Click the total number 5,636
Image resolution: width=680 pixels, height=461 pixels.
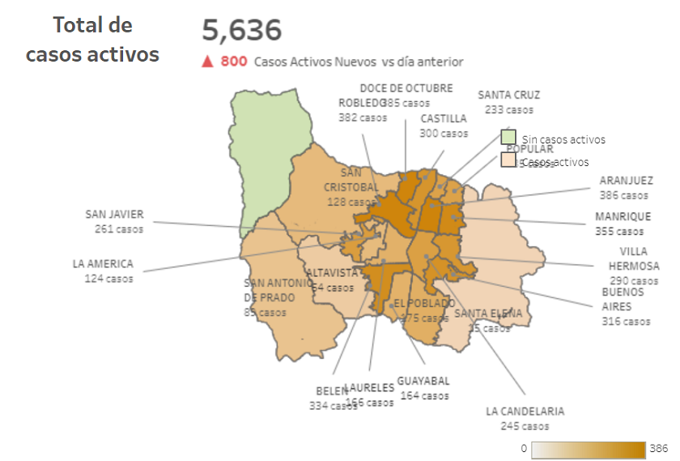[241, 31]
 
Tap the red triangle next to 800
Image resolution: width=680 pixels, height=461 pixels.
[207, 61]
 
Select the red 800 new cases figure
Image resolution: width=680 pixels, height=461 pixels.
[234, 61]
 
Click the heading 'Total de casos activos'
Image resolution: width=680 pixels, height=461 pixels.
[92, 40]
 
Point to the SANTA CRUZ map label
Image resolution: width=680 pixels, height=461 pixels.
[508, 95]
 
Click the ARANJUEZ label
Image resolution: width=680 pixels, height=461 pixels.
[623, 181]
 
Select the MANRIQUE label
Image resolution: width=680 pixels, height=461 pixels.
[623, 216]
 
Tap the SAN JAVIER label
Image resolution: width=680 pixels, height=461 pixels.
[114, 215]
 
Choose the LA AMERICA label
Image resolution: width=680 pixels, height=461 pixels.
[102, 264]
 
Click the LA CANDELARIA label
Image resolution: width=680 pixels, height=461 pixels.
[525, 411]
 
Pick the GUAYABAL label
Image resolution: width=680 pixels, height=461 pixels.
[423, 381]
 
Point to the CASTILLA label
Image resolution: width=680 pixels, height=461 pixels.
[444, 118]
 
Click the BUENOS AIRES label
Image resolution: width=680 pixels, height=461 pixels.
[623, 299]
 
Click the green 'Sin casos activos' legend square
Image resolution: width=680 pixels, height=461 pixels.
[508, 137]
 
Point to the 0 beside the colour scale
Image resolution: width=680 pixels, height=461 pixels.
[524, 448]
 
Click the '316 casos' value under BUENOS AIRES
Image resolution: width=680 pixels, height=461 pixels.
[626, 321]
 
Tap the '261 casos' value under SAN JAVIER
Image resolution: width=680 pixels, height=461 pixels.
[118, 228]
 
